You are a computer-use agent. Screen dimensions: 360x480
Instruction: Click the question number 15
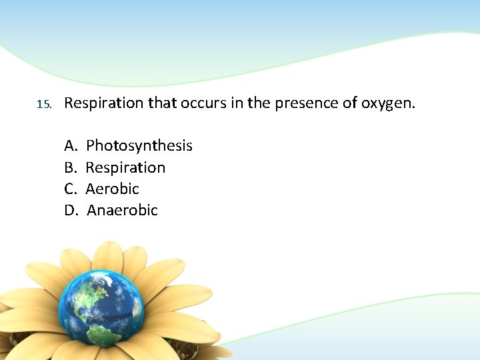click(x=43, y=105)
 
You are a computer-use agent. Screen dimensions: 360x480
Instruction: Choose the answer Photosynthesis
click(x=139, y=145)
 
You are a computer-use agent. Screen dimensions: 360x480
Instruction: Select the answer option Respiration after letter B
click(x=125, y=167)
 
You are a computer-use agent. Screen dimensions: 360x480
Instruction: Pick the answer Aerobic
click(x=112, y=189)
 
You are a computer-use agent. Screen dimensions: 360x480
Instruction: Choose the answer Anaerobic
click(x=122, y=211)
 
